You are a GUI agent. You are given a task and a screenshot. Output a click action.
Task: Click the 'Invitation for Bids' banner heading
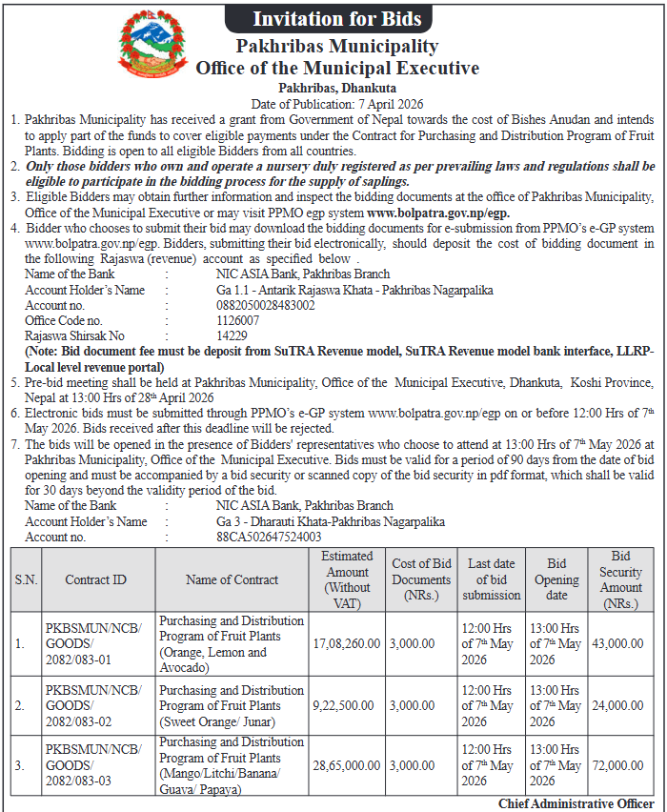click(x=336, y=17)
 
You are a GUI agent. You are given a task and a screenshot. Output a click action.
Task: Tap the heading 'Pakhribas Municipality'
click(x=337, y=46)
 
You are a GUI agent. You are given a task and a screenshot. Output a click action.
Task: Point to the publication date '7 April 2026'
click(x=392, y=103)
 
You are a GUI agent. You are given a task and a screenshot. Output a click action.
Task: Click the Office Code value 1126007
click(x=237, y=320)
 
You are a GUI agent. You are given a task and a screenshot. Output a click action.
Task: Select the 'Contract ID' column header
click(x=95, y=579)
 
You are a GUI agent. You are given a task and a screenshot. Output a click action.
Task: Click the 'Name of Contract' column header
click(x=232, y=579)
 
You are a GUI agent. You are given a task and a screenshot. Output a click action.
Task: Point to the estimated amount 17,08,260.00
click(x=346, y=643)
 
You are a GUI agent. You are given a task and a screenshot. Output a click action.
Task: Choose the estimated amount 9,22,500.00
click(x=346, y=706)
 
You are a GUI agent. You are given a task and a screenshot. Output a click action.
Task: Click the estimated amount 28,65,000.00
click(x=346, y=765)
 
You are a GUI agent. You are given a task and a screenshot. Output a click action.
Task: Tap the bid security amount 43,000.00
click(x=620, y=643)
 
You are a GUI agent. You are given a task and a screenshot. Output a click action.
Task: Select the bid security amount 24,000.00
click(x=620, y=706)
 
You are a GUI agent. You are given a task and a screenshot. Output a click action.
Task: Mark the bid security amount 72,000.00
click(x=620, y=765)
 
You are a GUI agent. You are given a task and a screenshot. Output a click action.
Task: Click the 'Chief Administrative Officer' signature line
click(x=576, y=804)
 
